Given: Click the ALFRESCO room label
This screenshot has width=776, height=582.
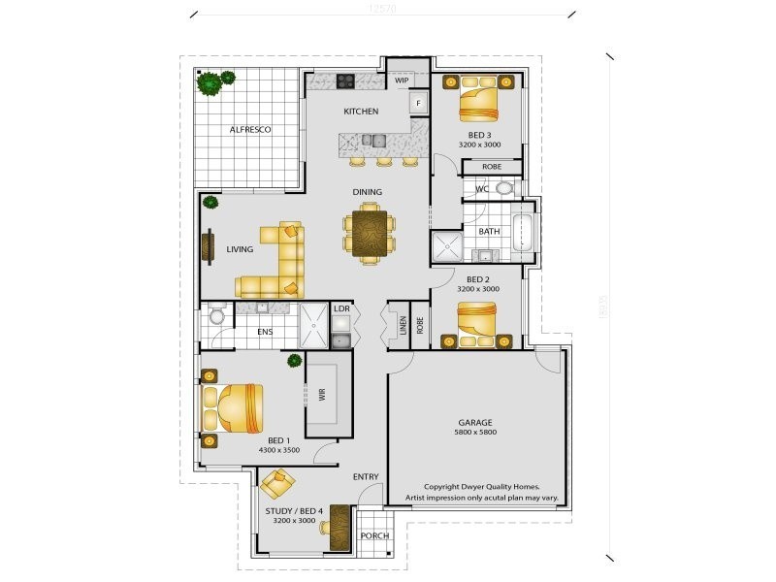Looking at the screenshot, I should coord(250,129).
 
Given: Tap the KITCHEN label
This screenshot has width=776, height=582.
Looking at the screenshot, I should coord(361,112).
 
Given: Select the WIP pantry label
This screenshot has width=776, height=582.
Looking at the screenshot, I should coord(402,81).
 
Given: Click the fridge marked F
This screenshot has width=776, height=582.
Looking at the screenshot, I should coord(418,102).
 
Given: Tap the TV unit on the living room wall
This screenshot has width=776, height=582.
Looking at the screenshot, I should coord(207,246).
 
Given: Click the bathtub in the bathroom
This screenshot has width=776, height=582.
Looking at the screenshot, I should coord(522,233).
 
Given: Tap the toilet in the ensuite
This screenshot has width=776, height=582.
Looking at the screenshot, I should coord(215,316).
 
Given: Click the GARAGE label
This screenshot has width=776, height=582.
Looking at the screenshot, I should coord(475,423).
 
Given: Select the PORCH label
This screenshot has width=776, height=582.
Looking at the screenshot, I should coord(373,535).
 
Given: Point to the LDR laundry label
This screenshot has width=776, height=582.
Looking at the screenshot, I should coord(341,309).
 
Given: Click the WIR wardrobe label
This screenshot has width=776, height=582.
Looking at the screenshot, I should coord(320,396).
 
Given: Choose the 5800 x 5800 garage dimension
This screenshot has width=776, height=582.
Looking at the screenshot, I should coord(475,433).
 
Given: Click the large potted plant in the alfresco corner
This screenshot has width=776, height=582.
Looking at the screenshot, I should coord(209,83).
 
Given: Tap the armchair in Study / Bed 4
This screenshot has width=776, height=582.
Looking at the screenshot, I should coord(278,481).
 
